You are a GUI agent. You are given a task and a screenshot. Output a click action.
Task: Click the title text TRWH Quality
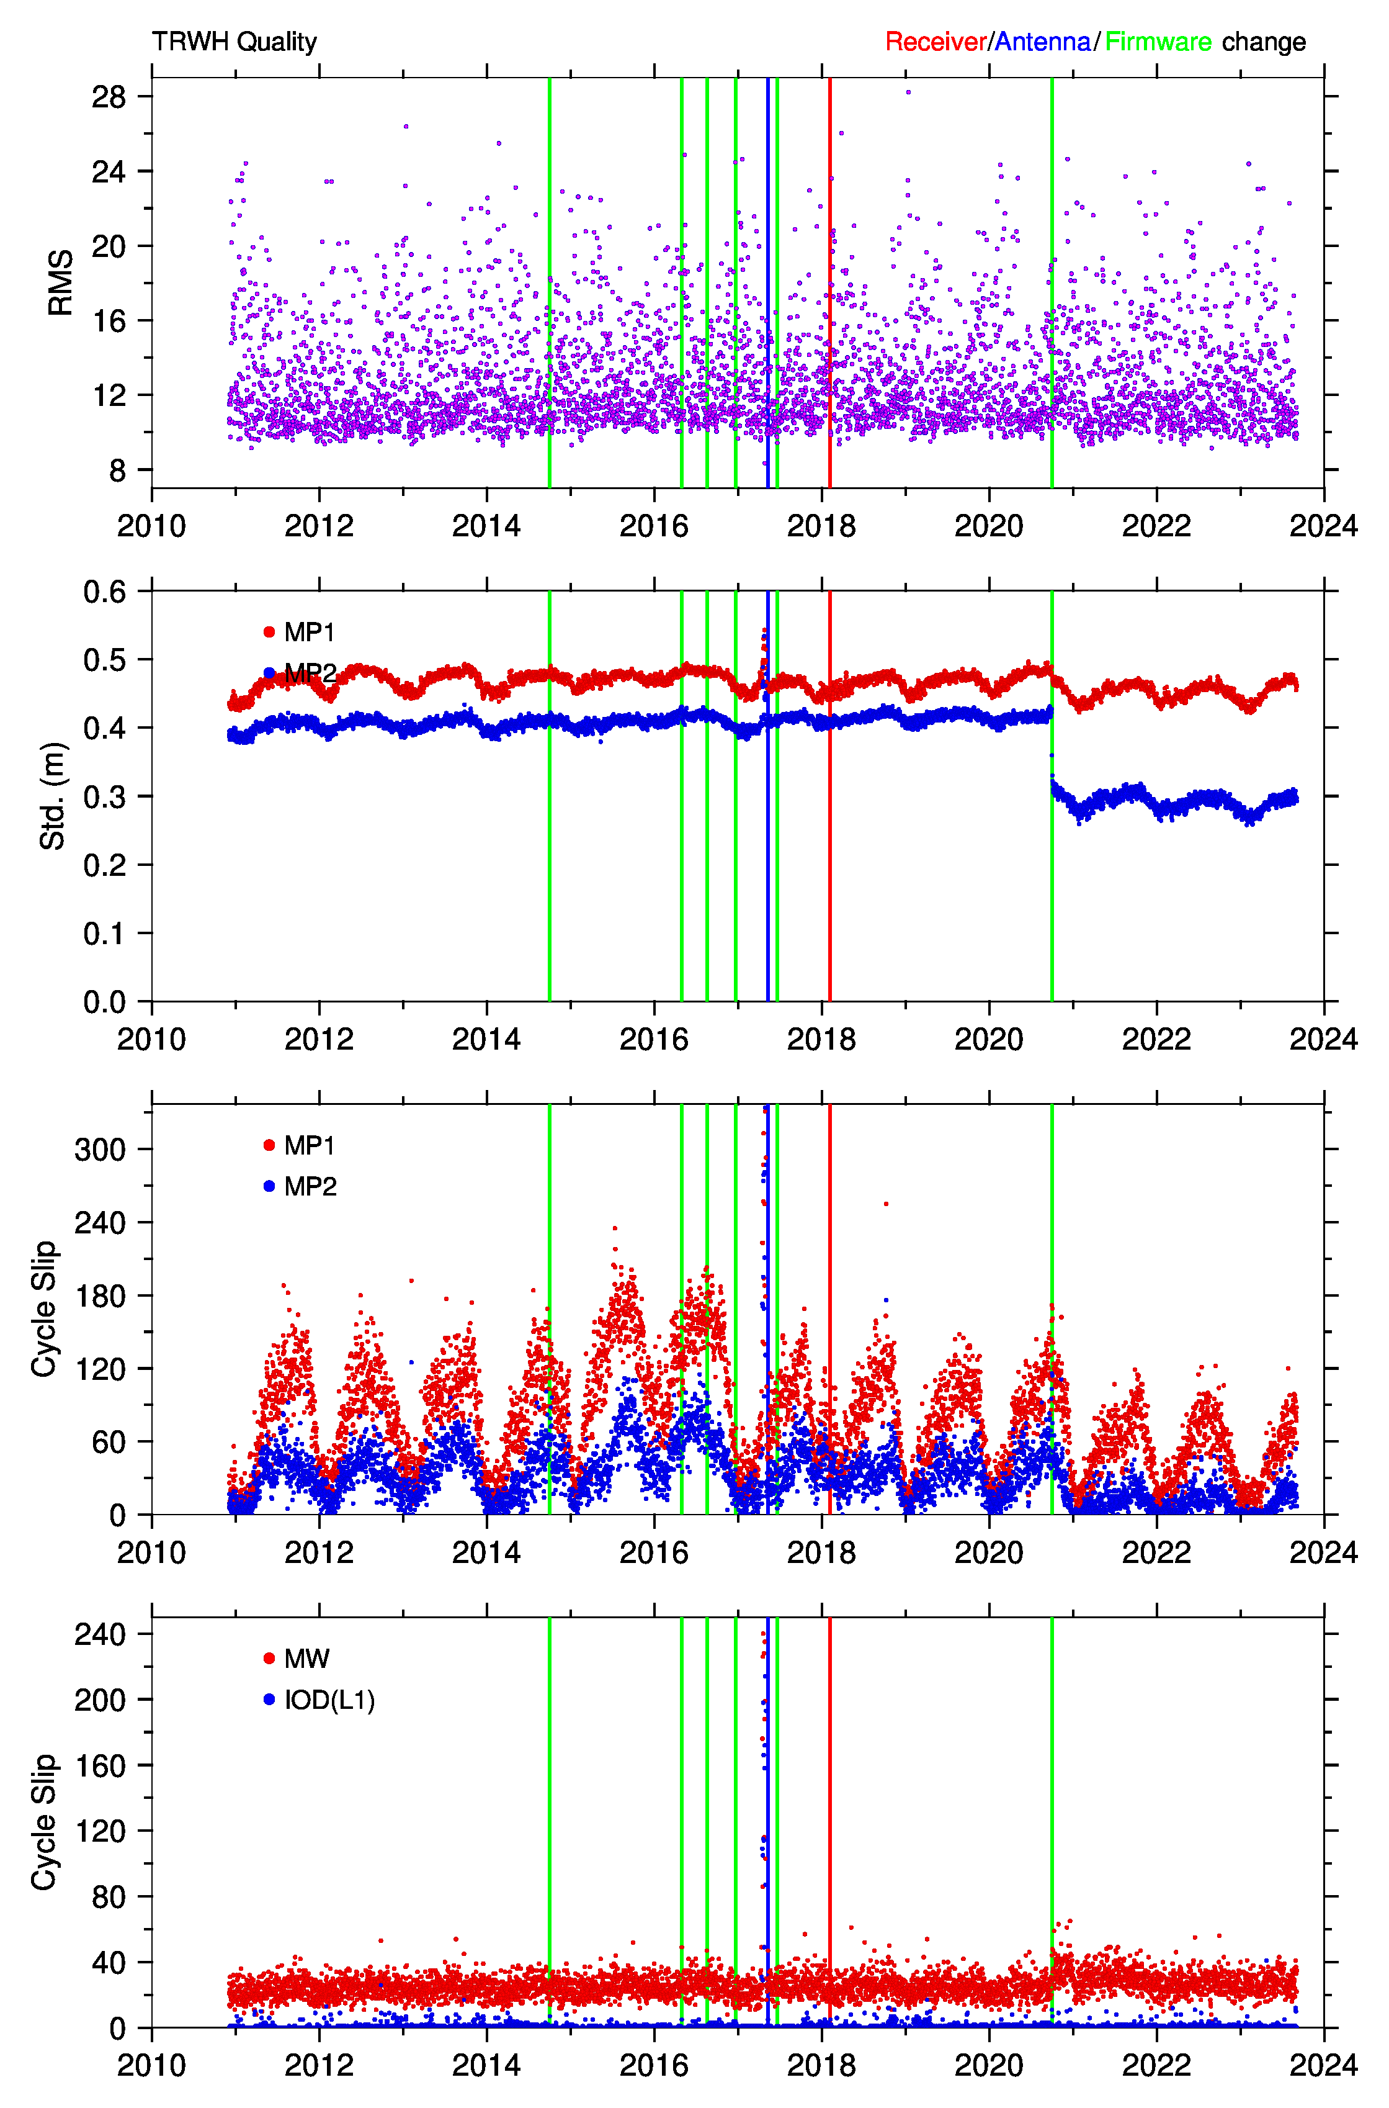(234, 42)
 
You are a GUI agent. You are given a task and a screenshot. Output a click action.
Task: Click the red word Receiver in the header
(936, 42)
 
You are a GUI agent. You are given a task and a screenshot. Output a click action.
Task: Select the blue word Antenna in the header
(1043, 42)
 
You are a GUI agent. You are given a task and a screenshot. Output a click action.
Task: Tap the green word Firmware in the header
(1158, 42)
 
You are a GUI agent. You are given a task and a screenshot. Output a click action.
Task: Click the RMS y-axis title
(60, 282)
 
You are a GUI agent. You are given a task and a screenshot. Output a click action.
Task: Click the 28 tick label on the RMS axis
(109, 97)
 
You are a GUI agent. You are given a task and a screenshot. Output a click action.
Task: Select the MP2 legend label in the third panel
(310, 1186)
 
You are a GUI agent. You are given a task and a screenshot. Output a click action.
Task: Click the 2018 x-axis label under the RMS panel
(821, 526)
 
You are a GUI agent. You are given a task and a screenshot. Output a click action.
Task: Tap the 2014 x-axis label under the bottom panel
(486, 2065)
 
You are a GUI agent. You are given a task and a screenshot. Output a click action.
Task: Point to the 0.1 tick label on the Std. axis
(104, 933)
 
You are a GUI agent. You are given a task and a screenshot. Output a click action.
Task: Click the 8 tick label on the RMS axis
(118, 471)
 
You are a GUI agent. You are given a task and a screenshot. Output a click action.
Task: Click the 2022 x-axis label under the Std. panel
(1156, 1038)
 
